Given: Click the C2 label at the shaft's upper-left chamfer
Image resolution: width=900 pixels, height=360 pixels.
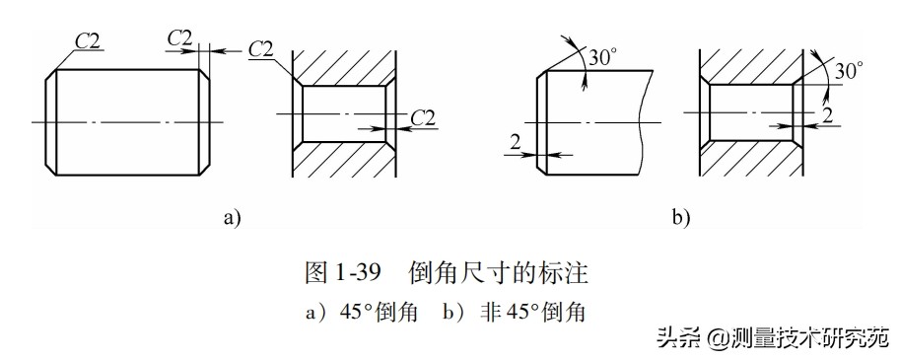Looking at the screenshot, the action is point(88,39).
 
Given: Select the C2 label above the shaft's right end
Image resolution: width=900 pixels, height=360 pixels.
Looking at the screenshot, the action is point(179,37).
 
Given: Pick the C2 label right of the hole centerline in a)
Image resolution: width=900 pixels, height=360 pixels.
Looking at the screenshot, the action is point(422,117).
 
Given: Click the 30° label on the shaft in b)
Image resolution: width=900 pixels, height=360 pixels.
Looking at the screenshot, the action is point(600,57).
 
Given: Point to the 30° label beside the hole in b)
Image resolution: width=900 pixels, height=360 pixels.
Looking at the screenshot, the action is point(848,71).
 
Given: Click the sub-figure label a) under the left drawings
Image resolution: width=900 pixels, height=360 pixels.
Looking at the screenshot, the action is point(232,218).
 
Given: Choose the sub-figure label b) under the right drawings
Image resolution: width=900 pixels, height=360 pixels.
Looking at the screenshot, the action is point(681,218).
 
